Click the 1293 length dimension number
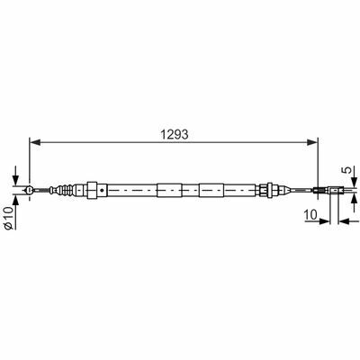(x=175, y=134)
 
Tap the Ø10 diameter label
(x=9, y=218)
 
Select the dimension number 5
(x=346, y=170)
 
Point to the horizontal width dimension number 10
(x=310, y=215)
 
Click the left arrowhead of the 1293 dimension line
(x=35, y=142)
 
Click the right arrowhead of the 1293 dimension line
(x=312, y=142)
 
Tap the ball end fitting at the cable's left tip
(x=30, y=190)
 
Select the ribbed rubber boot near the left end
(x=66, y=190)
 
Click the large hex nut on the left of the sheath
(x=92, y=190)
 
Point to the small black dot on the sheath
(x=103, y=190)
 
